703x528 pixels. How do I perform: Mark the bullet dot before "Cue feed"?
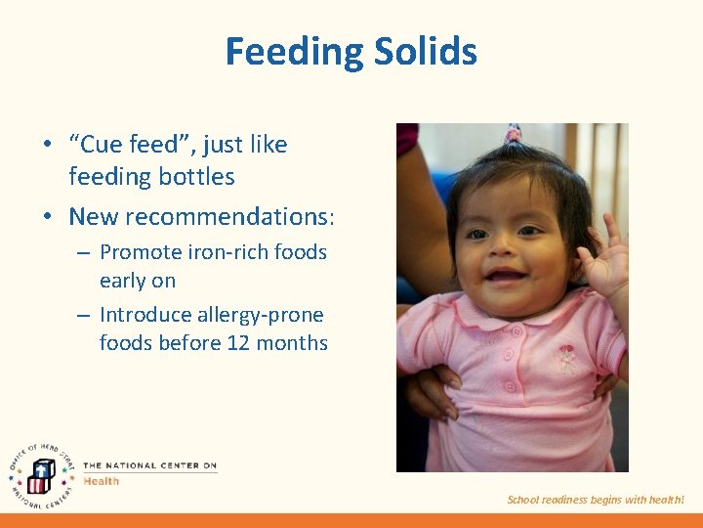point(47,146)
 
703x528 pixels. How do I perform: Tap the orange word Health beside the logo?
point(102,481)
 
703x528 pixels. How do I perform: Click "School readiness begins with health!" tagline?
point(596,500)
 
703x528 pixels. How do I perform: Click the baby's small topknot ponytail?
point(512,135)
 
